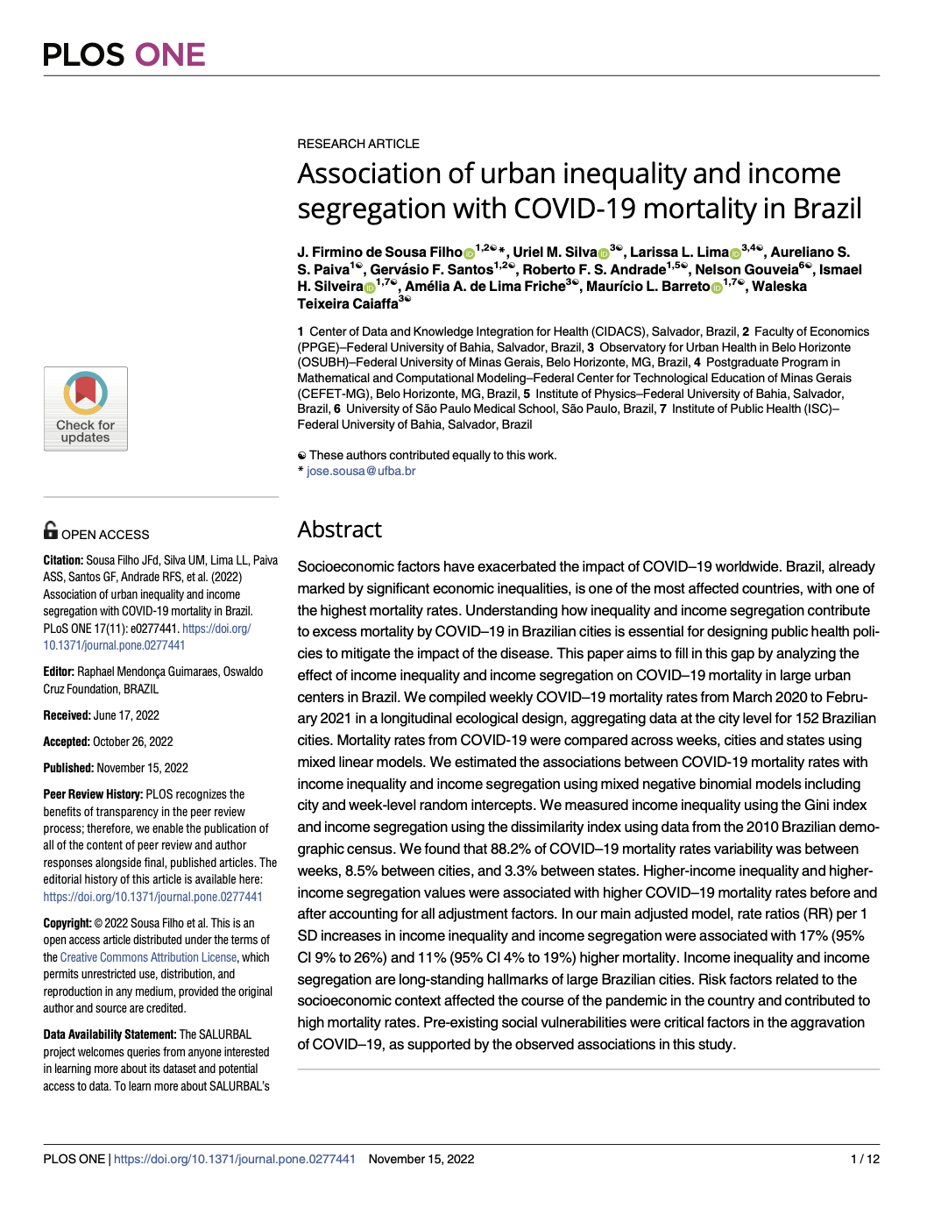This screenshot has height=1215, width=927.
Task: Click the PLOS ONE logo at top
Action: [x=124, y=54]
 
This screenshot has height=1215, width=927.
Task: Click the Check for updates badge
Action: [x=86, y=409]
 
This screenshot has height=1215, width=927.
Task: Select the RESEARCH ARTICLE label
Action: [x=357, y=144]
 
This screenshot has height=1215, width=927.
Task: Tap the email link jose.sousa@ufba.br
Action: [x=361, y=471]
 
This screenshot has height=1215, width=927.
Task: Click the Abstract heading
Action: [x=339, y=529]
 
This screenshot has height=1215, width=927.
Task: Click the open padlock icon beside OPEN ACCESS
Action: [x=51, y=530]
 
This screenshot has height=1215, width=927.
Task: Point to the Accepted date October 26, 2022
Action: [x=132, y=742]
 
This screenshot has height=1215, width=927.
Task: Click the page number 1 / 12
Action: [x=865, y=1159]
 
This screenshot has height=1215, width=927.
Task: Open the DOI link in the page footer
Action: [x=235, y=1159]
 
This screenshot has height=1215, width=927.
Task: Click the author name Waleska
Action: [x=779, y=287]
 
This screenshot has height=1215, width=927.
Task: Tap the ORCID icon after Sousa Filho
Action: [x=469, y=253]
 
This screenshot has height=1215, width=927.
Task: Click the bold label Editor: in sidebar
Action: [x=59, y=671]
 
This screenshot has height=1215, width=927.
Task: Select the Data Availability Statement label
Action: [x=110, y=1034]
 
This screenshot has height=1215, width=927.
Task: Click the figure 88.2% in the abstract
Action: [x=513, y=849]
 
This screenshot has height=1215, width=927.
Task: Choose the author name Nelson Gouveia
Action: [x=746, y=270]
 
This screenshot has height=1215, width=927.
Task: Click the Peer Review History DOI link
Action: [x=152, y=897]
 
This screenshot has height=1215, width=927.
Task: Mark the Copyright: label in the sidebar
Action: [x=67, y=923]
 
